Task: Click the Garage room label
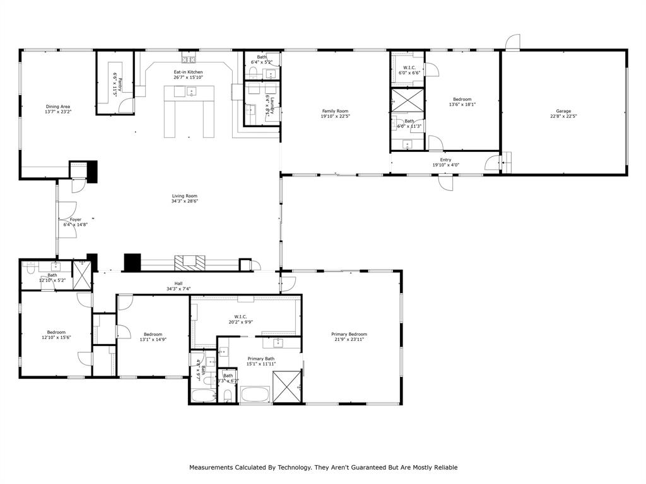(563, 111)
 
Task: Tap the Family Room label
(335, 111)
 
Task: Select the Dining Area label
(57, 107)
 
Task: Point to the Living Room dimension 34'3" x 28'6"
(185, 201)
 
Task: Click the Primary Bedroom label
(349, 334)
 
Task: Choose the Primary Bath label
(261, 358)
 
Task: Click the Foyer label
(75, 219)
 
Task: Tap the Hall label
(179, 284)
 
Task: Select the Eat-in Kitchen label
(188, 72)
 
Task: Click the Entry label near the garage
(445, 160)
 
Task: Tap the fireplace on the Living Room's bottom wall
(191, 262)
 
